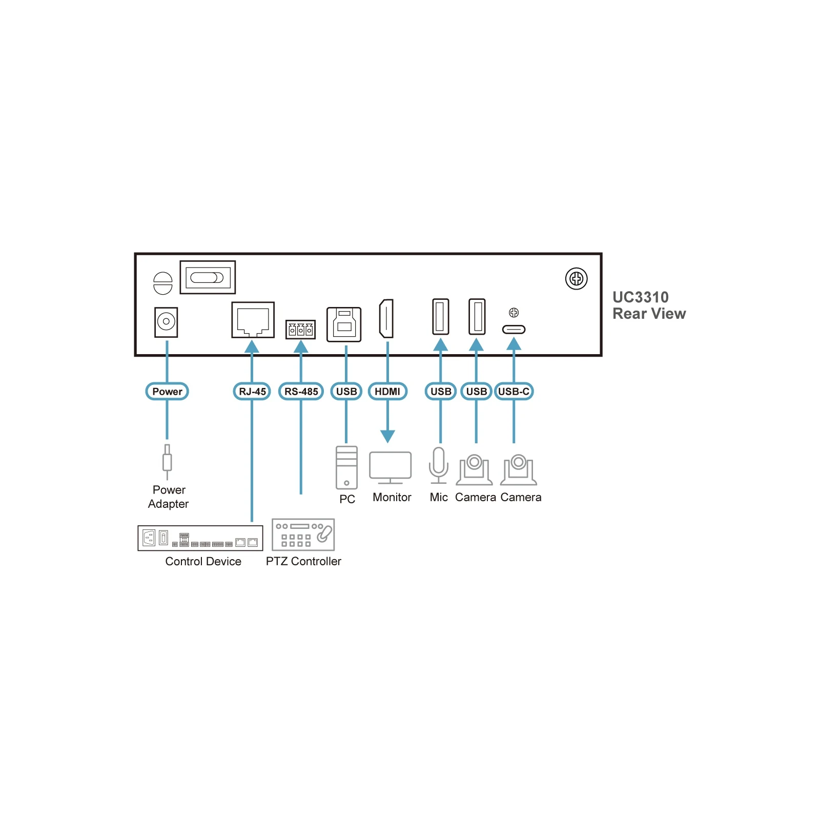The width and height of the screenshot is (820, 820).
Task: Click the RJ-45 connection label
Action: pyautogui.click(x=252, y=392)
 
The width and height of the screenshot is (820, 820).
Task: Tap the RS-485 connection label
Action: pyautogui.click(x=301, y=392)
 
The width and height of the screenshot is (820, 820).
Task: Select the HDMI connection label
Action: pyautogui.click(x=387, y=392)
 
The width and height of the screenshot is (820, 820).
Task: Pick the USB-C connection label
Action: pyautogui.click(x=514, y=392)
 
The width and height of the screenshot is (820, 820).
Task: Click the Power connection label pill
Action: pyautogui.click(x=167, y=392)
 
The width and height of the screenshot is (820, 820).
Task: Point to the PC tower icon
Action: pyautogui.click(x=346, y=467)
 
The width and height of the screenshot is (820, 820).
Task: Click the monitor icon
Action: pyautogui.click(x=391, y=468)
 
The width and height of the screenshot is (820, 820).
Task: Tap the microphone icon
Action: pyautogui.click(x=438, y=465)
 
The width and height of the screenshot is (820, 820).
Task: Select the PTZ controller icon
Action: pyautogui.click(x=303, y=535)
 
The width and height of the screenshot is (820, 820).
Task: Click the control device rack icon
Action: pyautogui.click(x=200, y=538)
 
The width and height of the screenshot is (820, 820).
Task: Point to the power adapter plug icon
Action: pyautogui.click(x=167, y=461)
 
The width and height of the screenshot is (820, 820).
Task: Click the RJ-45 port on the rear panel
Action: pyautogui.click(x=253, y=320)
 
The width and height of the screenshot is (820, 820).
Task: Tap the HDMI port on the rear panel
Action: pyautogui.click(x=386, y=319)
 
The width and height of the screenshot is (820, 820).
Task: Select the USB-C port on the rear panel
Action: pyautogui.click(x=514, y=330)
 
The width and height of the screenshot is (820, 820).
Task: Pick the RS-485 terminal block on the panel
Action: pyautogui.click(x=300, y=330)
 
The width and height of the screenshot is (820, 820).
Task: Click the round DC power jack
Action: pyautogui.click(x=166, y=322)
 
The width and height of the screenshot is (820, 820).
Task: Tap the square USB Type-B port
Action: pyautogui.click(x=344, y=324)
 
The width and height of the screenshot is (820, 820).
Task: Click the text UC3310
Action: pyautogui.click(x=641, y=297)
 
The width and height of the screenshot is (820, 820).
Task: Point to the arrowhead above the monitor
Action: pyautogui.click(x=388, y=437)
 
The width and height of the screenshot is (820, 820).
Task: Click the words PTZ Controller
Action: pyautogui.click(x=303, y=561)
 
